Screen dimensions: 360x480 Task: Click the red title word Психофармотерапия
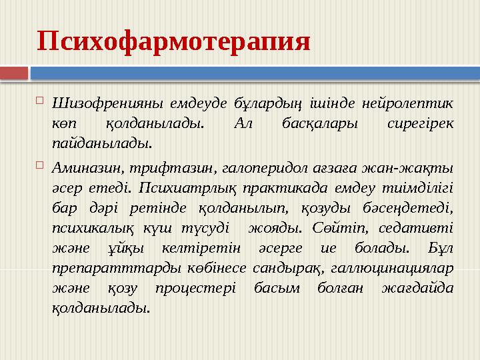(x=174, y=42)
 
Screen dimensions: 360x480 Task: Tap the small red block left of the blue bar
(x=14, y=72)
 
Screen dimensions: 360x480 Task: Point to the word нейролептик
(x=407, y=103)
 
